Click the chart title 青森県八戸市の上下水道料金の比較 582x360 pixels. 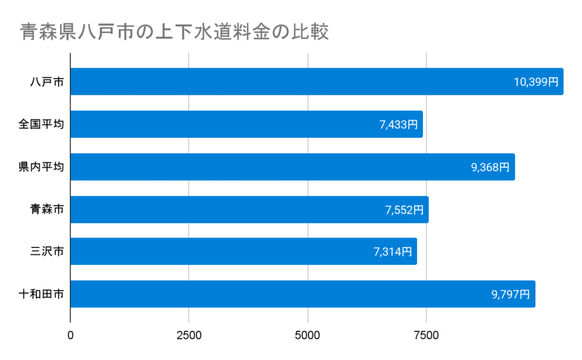pos(174,32)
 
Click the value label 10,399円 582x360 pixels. pos(536,82)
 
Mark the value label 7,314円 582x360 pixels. pos(393,252)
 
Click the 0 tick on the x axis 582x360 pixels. pos(70,336)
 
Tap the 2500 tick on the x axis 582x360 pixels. pos(189,336)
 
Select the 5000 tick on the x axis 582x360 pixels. pos(307,336)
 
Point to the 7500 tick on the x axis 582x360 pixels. pos(426,336)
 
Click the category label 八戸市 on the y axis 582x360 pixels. pos(47,82)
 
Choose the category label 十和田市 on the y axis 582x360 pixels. pos(41,295)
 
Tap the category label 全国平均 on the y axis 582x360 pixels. pos(41,125)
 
